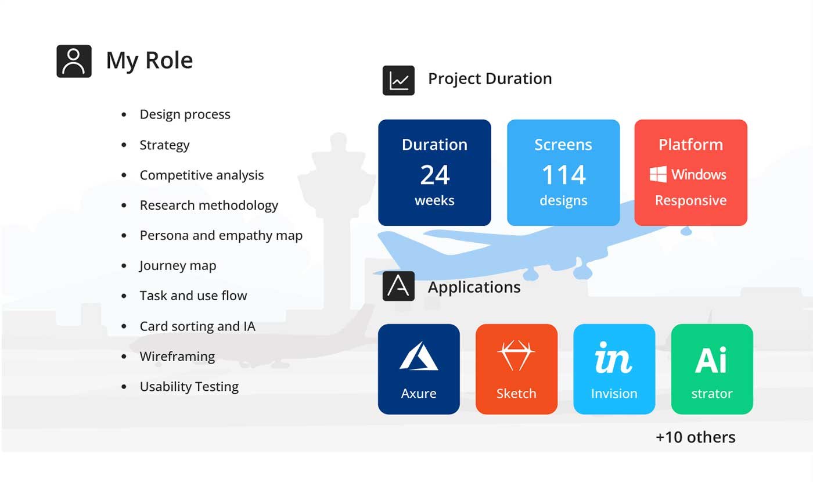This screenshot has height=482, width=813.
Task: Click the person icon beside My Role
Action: tap(74, 61)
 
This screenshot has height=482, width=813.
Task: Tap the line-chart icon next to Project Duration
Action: tap(398, 80)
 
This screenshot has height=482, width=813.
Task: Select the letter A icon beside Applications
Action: tap(398, 286)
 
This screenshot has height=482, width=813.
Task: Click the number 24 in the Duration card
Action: tap(435, 175)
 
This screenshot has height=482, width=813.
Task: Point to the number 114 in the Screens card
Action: tap(564, 175)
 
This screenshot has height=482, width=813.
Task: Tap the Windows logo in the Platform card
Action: tap(658, 174)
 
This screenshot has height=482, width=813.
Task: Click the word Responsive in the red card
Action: tap(690, 200)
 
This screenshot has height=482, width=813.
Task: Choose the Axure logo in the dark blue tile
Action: tap(419, 356)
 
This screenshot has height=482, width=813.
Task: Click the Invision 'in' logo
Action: tap(613, 358)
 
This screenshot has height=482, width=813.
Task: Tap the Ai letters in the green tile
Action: tap(711, 360)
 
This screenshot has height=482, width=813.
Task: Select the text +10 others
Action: tap(696, 437)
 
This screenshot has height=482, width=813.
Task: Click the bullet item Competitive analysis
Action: tap(202, 175)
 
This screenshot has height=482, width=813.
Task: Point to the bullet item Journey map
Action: tap(178, 266)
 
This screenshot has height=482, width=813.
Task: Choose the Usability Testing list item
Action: tap(189, 387)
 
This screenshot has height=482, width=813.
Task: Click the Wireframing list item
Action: tap(177, 357)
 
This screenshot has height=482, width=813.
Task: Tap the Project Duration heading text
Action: tap(490, 79)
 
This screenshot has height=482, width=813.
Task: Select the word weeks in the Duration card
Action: tap(435, 200)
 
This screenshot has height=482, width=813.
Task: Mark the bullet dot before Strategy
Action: tap(124, 145)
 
